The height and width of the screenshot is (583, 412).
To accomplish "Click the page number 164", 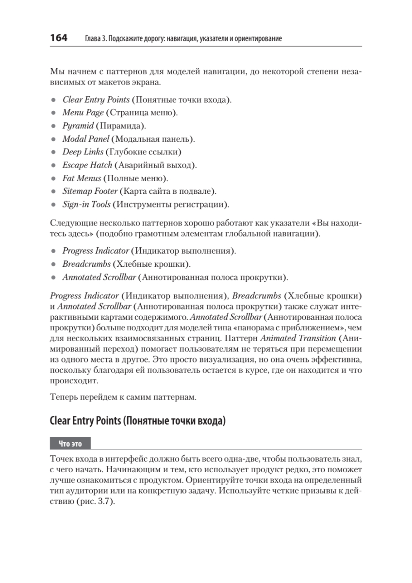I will pyautogui.click(x=59, y=38).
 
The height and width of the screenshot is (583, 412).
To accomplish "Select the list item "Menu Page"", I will pyautogui.click(x=83, y=113).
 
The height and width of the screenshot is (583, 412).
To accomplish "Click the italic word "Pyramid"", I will pyautogui.click(x=78, y=126).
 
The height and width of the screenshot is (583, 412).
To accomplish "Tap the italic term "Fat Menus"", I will pyautogui.click(x=82, y=178).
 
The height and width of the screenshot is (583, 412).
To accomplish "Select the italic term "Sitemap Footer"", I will pyautogui.click(x=90, y=191).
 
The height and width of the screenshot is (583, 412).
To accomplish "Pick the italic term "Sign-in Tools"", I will pyautogui.click(x=86, y=205).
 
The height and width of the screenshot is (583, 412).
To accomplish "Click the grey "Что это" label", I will pyautogui.click(x=70, y=444).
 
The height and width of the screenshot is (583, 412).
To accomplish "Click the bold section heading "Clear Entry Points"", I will pyautogui.click(x=85, y=421).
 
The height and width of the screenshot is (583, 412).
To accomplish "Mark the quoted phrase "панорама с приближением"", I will pyautogui.click(x=278, y=327).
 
